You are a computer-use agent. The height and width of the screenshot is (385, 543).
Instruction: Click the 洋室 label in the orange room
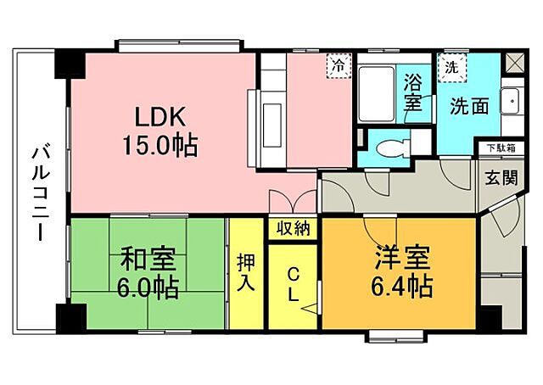(397, 255)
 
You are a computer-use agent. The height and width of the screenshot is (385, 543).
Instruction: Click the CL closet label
(293, 284)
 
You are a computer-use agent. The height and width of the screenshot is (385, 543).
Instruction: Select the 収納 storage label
(293, 228)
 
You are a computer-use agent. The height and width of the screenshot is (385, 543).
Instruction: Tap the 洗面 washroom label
(468, 108)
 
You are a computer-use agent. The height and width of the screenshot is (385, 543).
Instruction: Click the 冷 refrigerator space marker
(338, 64)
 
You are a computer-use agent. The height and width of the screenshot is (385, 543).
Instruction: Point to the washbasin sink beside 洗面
(512, 103)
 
